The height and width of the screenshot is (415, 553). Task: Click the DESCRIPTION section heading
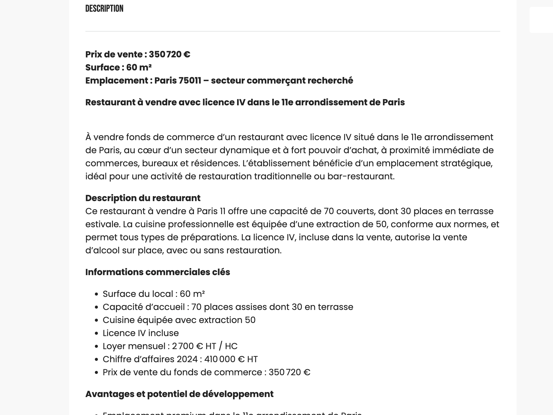(x=104, y=9)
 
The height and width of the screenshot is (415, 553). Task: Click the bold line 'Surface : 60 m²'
(x=118, y=67)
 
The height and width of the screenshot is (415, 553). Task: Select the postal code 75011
(x=190, y=81)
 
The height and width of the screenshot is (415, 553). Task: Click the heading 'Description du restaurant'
(x=143, y=198)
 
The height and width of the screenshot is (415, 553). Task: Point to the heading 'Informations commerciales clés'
(x=157, y=272)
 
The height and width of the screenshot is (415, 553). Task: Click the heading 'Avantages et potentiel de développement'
(x=179, y=394)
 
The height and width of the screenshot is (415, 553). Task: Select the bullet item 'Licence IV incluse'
(x=141, y=333)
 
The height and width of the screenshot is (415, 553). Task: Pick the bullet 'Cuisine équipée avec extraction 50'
(x=179, y=320)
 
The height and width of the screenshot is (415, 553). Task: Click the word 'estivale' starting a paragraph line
(x=102, y=224)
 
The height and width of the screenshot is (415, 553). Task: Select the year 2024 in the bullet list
(x=187, y=359)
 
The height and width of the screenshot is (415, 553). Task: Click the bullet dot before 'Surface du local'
(x=96, y=294)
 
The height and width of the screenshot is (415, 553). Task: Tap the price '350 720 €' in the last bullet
(x=289, y=372)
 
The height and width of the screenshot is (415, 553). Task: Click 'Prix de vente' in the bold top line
(x=114, y=54)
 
